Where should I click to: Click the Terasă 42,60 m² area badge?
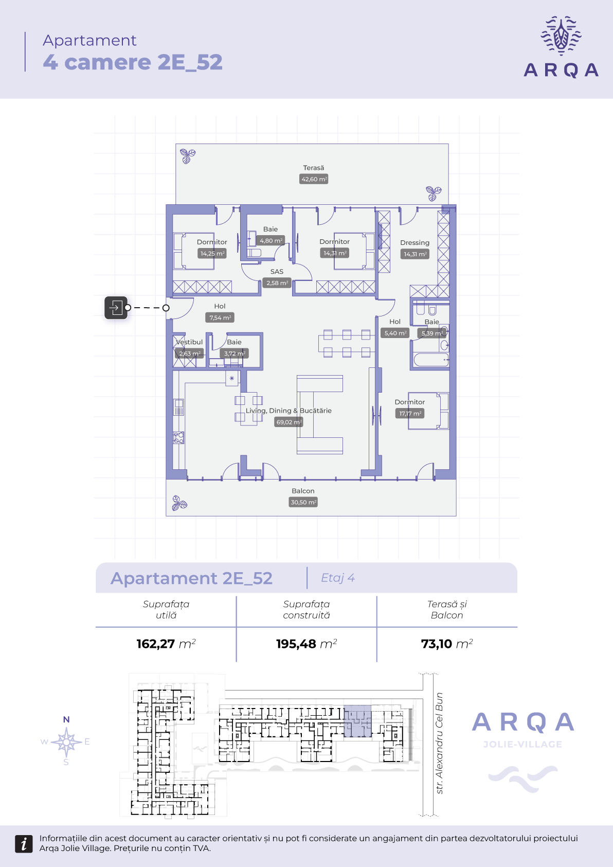pos(314,179)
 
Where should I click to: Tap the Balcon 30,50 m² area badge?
pos(303,502)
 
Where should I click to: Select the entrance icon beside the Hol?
pos(116,308)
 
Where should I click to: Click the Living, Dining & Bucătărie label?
pos(289,411)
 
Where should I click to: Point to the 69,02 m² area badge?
pos(289,422)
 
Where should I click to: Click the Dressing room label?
pos(414,243)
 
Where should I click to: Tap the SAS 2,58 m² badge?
pos(277,283)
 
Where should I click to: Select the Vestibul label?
pos(189,342)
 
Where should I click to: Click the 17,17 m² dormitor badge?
pos(410,414)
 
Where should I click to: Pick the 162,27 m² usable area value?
pos(166,644)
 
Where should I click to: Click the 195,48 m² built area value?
pos(306,644)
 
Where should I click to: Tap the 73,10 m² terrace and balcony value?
pos(447,644)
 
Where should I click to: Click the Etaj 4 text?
pos(338,578)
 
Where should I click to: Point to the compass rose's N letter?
pos(66,719)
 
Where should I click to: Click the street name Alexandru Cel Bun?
pos(439,737)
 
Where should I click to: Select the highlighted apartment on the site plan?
pos(357,721)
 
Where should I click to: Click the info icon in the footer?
pos(24,844)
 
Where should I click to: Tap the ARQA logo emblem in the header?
pos(561,36)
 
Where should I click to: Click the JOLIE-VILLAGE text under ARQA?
pos(522,745)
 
